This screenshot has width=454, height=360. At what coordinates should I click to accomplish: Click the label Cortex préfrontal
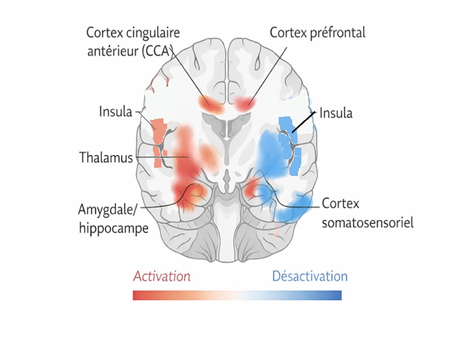(317, 33)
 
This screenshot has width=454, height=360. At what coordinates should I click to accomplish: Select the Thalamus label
(106, 157)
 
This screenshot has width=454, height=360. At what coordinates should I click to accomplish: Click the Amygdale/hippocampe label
(113, 219)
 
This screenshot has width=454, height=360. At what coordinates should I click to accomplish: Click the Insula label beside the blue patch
(336, 114)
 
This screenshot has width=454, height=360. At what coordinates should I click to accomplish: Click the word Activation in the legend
(161, 276)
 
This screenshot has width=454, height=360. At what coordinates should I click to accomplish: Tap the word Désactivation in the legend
(309, 276)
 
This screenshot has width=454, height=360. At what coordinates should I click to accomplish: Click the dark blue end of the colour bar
(337, 295)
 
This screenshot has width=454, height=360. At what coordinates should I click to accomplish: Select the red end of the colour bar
(138, 295)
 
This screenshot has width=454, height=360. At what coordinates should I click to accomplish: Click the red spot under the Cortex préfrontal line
(245, 103)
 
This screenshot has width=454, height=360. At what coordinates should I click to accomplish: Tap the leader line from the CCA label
(189, 73)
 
